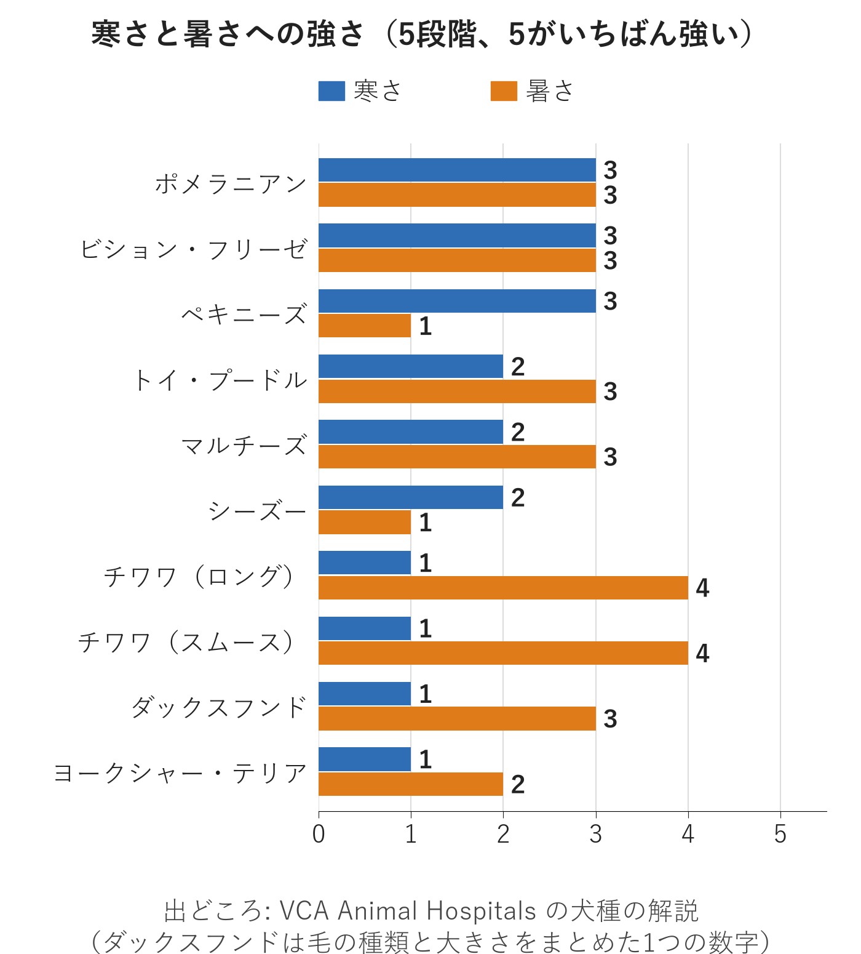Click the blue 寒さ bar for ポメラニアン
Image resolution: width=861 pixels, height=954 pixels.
pyautogui.click(x=457, y=170)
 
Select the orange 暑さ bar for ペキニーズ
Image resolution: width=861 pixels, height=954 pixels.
pyautogui.click(x=365, y=326)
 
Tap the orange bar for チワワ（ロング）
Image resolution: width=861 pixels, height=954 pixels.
pyautogui.click(x=503, y=588)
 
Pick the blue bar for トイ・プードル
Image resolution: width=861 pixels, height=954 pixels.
pyautogui.click(x=411, y=366)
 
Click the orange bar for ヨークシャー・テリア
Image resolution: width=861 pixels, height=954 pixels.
pyautogui.click(x=411, y=784)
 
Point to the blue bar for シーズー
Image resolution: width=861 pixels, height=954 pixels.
pyautogui.click(x=411, y=497)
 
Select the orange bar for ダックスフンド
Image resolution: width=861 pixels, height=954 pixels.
pyautogui.click(x=457, y=718)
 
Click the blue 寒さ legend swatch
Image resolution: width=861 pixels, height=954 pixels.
pyautogui.click(x=331, y=90)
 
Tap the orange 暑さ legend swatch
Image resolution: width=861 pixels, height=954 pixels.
pyautogui.click(x=504, y=90)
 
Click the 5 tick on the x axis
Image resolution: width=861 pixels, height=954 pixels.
pyautogui.click(x=780, y=834)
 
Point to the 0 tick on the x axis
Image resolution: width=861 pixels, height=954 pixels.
pyautogui.click(x=319, y=834)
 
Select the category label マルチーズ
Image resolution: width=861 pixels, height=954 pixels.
pyautogui.click(x=244, y=444)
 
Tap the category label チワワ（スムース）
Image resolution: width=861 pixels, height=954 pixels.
pyautogui.click(x=188, y=641)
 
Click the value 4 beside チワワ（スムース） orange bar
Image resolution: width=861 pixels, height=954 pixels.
pyautogui.click(x=702, y=653)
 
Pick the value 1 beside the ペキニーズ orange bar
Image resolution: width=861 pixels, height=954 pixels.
pyautogui.click(x=425, y=326)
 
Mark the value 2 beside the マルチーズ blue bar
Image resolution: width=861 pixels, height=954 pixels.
pyautogui.click(x=518, y=432)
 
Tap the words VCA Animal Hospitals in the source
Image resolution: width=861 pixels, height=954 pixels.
pyautogui.click(x=408, y=911)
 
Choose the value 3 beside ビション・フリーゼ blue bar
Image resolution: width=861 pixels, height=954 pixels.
pyautogui.click(x=610, y=236)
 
